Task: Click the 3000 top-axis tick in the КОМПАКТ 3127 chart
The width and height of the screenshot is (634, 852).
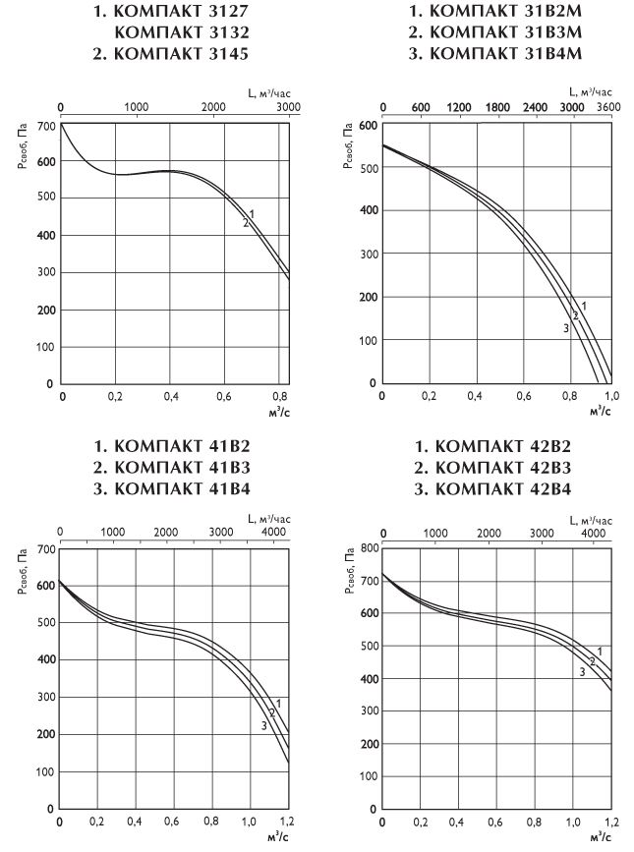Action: point(287,105)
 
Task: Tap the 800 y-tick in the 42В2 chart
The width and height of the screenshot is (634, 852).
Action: point(368,546)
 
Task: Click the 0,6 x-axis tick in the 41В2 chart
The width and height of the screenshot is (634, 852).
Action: point(173,820)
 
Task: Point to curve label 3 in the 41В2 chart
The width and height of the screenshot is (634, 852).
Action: point(263,725)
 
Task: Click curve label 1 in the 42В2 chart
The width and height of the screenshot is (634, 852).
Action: point(600,652)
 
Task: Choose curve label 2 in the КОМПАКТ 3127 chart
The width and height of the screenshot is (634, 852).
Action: point(246,223)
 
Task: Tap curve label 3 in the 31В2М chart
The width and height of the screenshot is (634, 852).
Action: point(566,328)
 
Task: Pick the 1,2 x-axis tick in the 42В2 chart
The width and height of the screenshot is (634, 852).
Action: point(611,821)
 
